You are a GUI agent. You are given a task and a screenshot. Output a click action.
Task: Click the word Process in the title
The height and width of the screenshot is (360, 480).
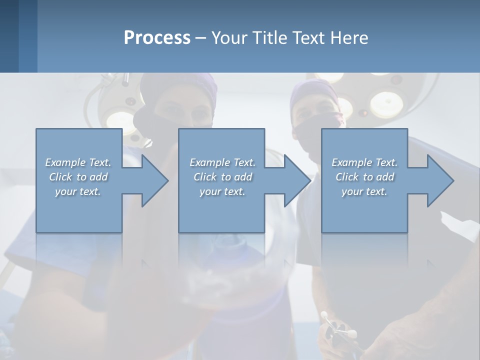(157, 37)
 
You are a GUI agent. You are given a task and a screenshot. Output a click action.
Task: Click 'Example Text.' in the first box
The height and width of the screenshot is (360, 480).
(78, 162)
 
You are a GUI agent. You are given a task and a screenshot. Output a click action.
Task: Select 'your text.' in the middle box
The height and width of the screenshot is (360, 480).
(222, 191)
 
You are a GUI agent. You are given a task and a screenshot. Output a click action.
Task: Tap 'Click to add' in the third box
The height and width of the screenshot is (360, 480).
(364, 177)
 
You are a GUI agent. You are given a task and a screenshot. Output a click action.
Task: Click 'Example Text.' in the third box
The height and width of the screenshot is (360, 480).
(364, 162)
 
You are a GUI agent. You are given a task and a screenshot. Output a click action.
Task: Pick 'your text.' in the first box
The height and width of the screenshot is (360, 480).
(78, 191)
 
